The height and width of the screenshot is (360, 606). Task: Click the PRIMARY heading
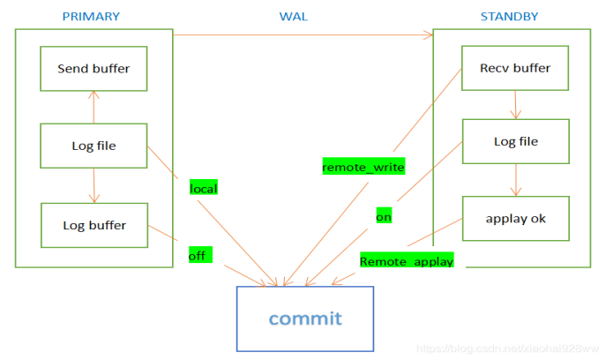click(91, 16)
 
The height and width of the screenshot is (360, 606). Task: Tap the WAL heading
click(294, 17)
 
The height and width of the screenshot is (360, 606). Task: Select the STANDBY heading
click(509, 16)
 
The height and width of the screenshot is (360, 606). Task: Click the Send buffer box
click(94, 69)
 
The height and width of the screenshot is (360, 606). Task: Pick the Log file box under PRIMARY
click(94, 146)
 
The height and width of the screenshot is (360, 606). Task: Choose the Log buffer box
click(94, 225)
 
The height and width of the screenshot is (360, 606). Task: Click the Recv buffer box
click(515, 68)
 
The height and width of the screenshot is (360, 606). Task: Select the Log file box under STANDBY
click(516, 141)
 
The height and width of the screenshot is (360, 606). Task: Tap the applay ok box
click(516, 219)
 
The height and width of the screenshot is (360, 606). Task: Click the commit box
click(305, 319)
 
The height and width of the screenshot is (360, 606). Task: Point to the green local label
click(204, 187)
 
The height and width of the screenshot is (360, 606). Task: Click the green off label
click(200, 254)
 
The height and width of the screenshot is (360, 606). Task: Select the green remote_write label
click(363, 166)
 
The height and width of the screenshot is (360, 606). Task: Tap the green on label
click(384, 215)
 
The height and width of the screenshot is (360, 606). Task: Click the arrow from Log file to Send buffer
click(94, 108)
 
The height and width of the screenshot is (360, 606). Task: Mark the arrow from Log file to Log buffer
click(94, 185)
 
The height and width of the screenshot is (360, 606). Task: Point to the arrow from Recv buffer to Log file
click(515, 105)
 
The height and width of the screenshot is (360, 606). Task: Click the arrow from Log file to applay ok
click(516, 180)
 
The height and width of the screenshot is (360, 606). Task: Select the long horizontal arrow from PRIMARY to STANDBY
click(303, 34)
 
